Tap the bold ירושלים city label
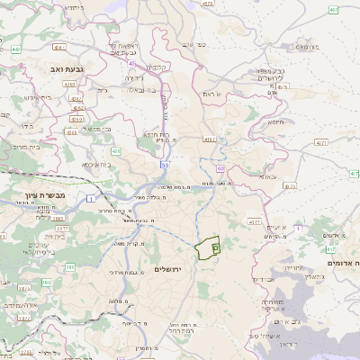(168, 269)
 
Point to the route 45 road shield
(132, 63)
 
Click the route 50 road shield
(165, 165)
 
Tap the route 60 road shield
(220, 167)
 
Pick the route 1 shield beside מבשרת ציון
(90, 197)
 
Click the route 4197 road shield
(211, 139)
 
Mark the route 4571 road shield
(321, 142)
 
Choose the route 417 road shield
(329, 247)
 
